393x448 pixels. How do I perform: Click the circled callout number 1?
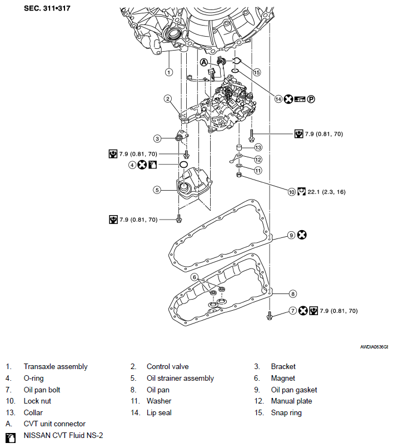tap(168, 72)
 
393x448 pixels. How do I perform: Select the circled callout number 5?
tap(157, 190)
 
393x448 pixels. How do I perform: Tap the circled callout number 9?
tap(290, 235)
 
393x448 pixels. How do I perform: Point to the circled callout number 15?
tap(256, 72)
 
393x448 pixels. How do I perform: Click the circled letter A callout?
tap(204, 62)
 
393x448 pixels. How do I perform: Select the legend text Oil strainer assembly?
tap(180, 378)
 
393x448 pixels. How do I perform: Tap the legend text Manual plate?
tap(291, 401)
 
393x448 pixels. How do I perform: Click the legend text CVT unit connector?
tap(54, 424)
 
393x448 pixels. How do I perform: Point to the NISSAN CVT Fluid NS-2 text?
tap(63, 436)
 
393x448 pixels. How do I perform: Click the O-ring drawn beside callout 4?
tap(183, 165)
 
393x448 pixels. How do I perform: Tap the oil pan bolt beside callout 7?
tap(270, 315)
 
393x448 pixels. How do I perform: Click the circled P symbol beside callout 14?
tap(312, 99)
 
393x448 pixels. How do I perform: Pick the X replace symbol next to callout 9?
tap(302, 235)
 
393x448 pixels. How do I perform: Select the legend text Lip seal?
tap(158, 412)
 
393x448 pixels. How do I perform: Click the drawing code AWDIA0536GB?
tap(374, 347)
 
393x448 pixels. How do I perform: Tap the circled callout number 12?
tap(258, 159)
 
